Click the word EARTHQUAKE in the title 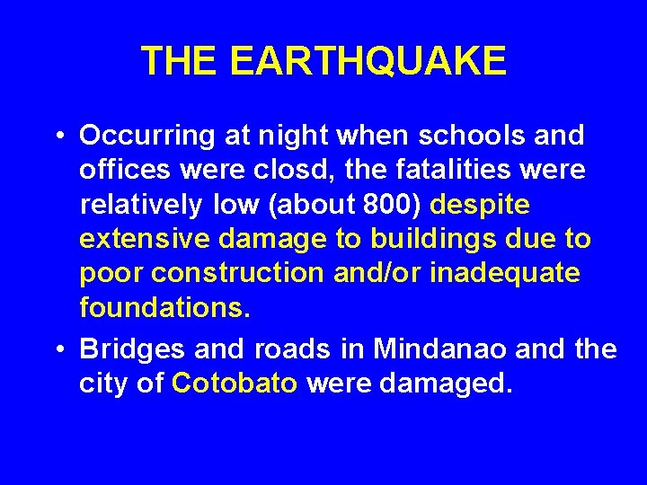pos(368,61)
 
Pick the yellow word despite pos(481,205)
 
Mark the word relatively pos(141,205)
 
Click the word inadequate pos(503,274)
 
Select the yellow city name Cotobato pos(235,384)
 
